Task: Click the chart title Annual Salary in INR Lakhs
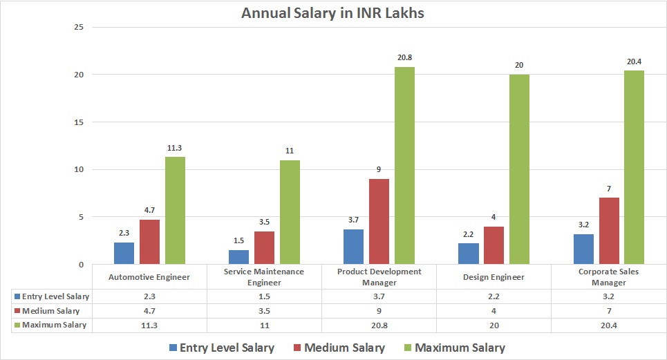tap(334, 12)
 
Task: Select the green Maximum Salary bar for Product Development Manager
tap(404, 166)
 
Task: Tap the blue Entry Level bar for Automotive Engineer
tap(124, 253)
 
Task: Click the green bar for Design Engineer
tap(519, 169)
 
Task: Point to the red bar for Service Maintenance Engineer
tap(265, 247)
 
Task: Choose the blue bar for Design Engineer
tap(468, 254)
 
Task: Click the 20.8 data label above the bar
tap(404, 57)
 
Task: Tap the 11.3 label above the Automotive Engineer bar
tap(175, 147)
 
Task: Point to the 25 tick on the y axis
tap(79, 27)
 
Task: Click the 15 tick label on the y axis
tap(79, 122)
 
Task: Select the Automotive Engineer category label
tap(149, 277)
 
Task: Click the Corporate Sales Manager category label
tap(609, 277)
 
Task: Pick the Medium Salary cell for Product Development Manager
tap(379, 310)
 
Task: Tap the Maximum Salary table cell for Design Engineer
tap(494, 325)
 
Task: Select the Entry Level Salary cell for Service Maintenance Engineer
tap(265, 296)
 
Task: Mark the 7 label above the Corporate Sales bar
tap(609, 189)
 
